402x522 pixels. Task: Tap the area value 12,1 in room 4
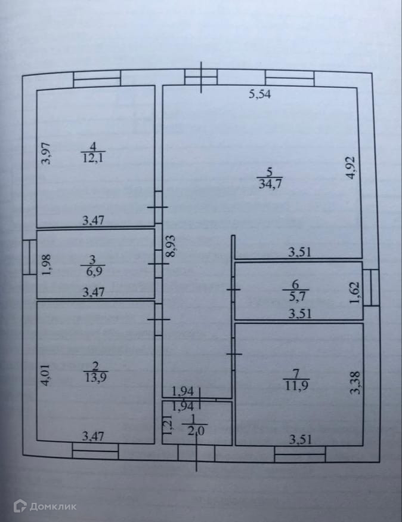[x=92, y=157]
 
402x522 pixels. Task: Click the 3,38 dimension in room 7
[x=355, y=383]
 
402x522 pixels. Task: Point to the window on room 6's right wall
[x=371, y=287]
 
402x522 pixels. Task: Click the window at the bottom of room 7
[x=299, y=455]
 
